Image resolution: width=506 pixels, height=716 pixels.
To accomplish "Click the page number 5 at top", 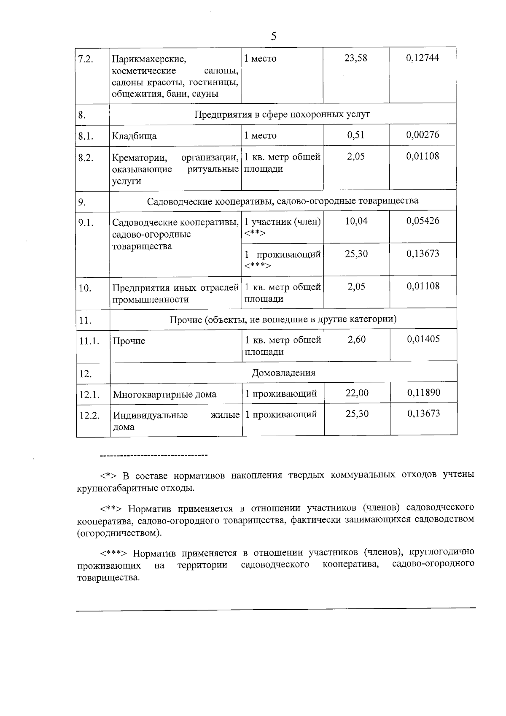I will (274, 37).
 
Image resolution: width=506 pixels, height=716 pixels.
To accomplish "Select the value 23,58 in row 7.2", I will (355, 58).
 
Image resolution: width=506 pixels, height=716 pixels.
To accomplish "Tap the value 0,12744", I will (423, 58).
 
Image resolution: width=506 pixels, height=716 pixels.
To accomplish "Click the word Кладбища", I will (134, 136).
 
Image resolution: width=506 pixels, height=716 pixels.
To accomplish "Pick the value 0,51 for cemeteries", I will (355, 135).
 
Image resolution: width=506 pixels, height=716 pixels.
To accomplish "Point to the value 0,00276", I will (423, 135).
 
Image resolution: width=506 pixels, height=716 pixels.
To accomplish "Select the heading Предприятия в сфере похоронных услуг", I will (282, 114).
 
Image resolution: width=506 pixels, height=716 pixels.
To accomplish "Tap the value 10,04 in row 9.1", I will (356, 221).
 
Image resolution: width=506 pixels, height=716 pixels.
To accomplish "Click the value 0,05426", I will (423, 221).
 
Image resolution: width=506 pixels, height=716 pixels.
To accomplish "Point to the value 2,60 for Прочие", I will (357, 339).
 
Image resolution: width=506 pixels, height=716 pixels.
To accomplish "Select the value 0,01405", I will (423, 339).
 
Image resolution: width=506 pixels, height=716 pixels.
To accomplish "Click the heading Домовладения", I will (283, 373).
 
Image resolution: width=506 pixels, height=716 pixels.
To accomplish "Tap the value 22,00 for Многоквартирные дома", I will (357, 393).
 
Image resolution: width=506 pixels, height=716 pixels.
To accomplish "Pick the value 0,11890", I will (424, 393).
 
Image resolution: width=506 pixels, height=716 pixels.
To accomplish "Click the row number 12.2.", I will (89, 416).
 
